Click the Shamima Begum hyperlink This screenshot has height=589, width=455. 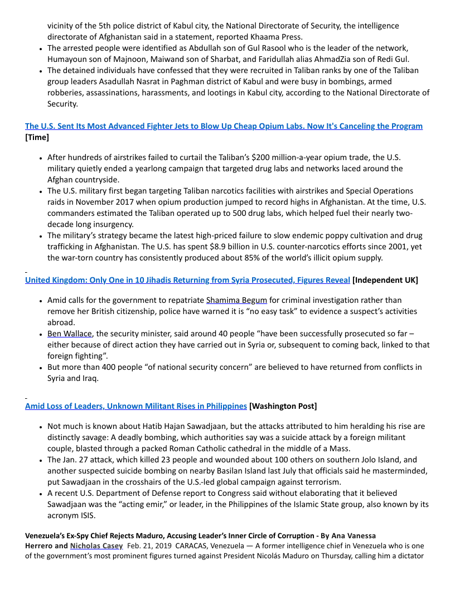pyautogui.click(x=236, y=300)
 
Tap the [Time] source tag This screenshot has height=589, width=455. pyautogui.click(x=37, y=137)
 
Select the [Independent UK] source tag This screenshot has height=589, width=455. pyautogui.click(x=385, y=279)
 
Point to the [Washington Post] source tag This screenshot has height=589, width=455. pyautogui.click(x=283, y=405)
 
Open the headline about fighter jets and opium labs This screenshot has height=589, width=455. pyautogui.click(x=224, y=126)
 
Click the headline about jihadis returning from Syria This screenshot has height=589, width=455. pyautogui.click(x=187, y=279)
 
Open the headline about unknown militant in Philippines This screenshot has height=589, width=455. pyautogui.click(x=136, y=405)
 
